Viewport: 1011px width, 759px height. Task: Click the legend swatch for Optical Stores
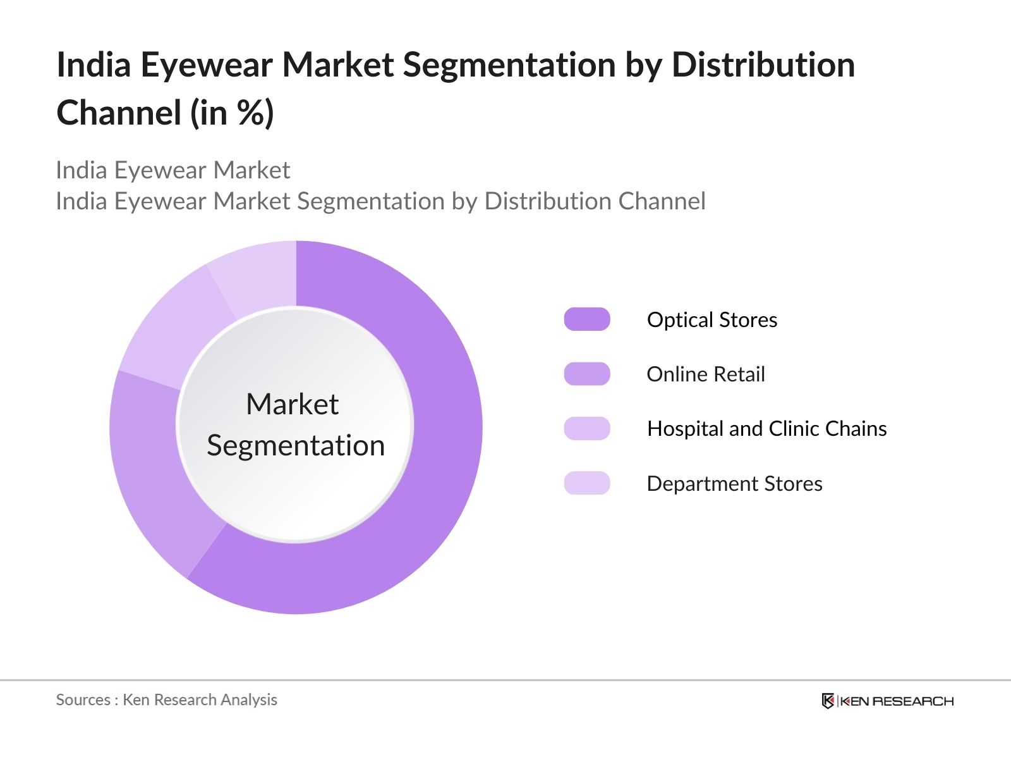point(587,319)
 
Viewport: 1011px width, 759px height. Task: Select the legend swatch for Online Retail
point(587,374)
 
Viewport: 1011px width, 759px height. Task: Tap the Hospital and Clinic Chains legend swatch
point(587,428)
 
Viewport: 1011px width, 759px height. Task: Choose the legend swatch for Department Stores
point(587,483)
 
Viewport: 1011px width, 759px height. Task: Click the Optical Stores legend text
point(712,320)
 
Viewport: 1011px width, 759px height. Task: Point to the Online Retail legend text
point(706,374)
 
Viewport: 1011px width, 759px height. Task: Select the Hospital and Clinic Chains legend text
point(767,429)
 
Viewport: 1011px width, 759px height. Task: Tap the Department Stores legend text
point(735,484)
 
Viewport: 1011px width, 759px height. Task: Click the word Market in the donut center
point(292,404)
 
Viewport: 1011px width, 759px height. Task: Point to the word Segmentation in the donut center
point(296,446)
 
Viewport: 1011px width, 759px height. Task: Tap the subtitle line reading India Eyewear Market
point(173,170)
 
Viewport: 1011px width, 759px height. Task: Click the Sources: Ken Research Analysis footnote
point(167,700)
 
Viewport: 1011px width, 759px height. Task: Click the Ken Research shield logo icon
point(828,701)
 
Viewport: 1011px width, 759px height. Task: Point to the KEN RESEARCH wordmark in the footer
point(897,701)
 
